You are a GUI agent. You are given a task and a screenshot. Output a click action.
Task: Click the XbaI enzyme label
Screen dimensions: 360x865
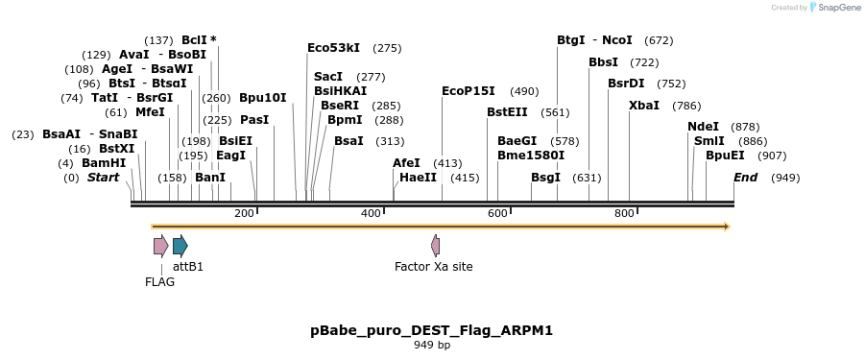[x=643, y=105]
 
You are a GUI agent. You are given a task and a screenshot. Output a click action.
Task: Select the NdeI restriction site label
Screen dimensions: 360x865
[x=703, y=127]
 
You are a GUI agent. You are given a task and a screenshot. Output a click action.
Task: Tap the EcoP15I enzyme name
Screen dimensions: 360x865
[x=468, y=90]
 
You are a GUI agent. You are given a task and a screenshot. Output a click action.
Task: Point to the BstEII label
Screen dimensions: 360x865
[x=507, y=112]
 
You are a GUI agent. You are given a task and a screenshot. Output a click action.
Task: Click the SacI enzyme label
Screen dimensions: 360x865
[x=328, y=76]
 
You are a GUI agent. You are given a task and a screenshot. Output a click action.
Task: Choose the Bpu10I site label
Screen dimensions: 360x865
[x=262, y=97]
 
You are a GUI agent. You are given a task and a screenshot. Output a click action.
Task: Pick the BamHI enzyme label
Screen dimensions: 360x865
[x=104, y=163]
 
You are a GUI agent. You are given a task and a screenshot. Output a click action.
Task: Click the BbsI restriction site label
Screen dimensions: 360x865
[x=603, y=61]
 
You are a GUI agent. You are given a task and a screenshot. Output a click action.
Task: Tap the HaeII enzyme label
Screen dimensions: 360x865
[x=418, y=178]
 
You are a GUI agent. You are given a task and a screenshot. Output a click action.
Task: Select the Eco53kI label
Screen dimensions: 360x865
[x=333, y=47]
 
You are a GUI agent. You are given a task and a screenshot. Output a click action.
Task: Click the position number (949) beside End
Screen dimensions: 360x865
[x=785, y=178]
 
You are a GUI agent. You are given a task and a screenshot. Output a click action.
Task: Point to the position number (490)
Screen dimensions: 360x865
[x=524, y=90]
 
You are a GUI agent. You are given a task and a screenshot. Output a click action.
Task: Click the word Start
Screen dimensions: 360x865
[x=103, y=178]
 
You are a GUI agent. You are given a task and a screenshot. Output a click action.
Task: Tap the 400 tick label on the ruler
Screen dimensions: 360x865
[x=371, y=213]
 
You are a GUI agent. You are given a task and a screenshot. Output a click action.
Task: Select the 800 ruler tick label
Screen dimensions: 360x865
[x=624, y=213]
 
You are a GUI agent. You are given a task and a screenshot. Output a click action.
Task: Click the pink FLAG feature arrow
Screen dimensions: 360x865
[x=160, y=246]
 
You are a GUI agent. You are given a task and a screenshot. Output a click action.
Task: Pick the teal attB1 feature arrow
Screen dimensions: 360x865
[x=180, y=246]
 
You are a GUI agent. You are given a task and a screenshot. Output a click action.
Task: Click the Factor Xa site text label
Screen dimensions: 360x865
[x=434, y=266]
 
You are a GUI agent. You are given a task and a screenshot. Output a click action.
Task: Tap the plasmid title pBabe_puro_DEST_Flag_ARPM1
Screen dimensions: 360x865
[x=431, y=330]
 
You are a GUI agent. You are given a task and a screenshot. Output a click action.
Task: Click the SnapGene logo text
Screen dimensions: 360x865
[x=838, y=8]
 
